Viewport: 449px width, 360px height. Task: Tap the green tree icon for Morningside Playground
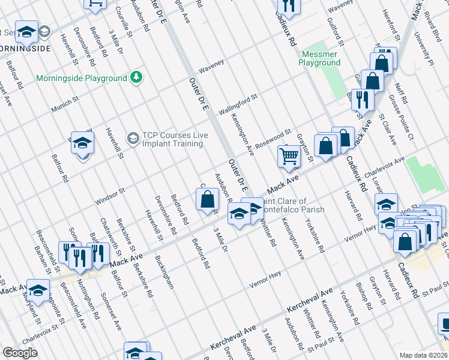(x=137, y=78)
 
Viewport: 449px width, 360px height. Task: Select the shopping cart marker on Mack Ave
(x=289, y=157)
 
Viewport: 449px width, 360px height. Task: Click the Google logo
(x=20, y=352)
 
